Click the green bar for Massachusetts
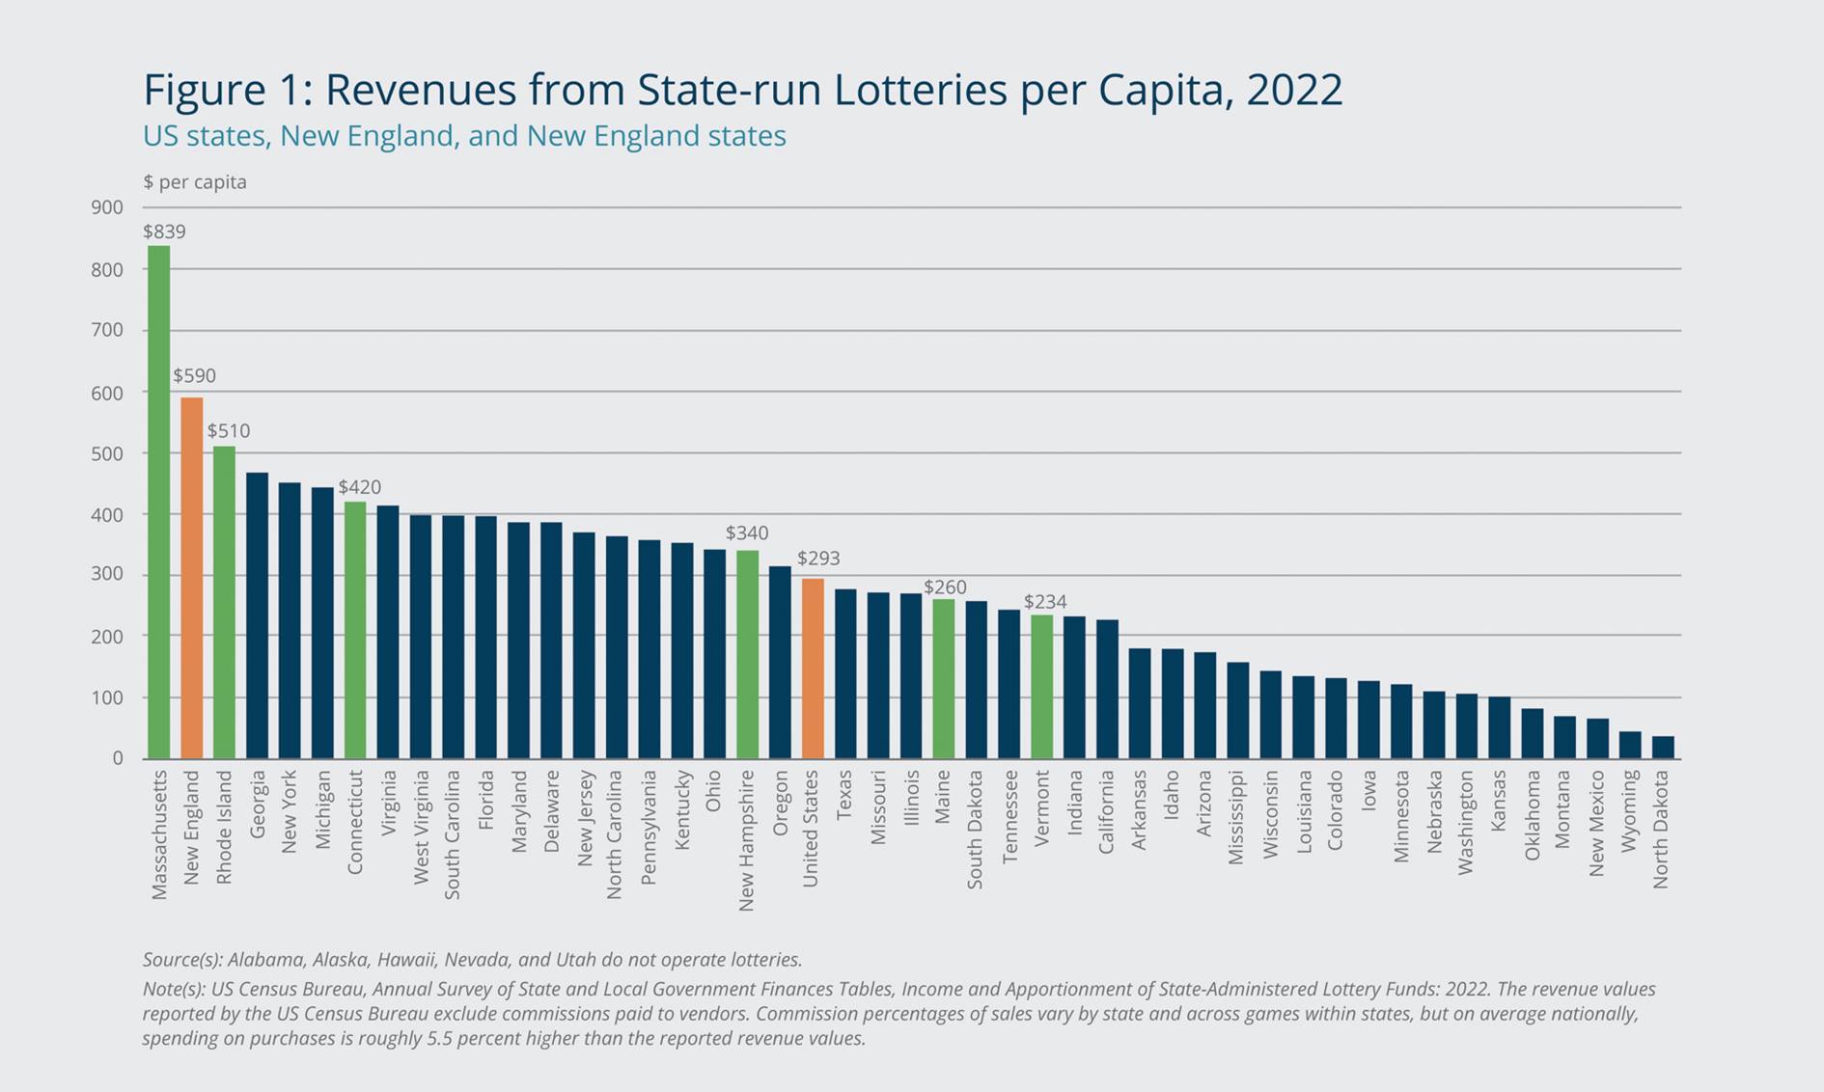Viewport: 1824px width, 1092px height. tap(158, 502)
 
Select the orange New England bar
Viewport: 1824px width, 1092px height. tap(192, 578)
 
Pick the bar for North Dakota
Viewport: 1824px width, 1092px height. tap(1663, 748)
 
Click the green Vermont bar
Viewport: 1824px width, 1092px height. tap(1042, 687)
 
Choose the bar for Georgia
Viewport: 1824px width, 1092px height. tap(258, 615)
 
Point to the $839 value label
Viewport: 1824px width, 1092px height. tap(164, 232)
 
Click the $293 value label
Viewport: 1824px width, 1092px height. tap(818, 559)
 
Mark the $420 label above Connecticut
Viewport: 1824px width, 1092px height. tap(359, 487)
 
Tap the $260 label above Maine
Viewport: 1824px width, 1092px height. tap(945, 587)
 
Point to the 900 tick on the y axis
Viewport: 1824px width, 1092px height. tap(108, 207)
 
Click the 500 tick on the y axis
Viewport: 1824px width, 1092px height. tap(108, 453)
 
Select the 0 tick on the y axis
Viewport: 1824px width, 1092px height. tap(118, 758)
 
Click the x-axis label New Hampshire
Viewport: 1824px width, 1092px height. tap(746, 839)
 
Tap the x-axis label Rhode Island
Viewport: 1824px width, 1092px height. tap(225, 827)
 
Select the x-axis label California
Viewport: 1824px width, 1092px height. tap(1107, 811)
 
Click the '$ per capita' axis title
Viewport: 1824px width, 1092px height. tap(195, 182)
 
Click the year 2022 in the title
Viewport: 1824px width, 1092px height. tap(1293, 90)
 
